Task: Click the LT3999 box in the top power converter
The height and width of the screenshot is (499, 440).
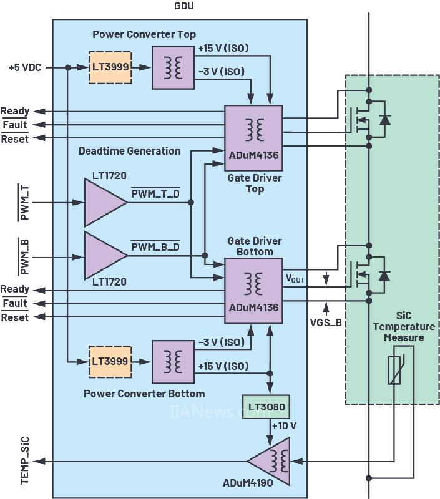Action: click(109, 66)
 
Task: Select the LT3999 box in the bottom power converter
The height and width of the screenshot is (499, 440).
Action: click(109, 361)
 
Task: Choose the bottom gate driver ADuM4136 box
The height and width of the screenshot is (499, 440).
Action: click(254, 291)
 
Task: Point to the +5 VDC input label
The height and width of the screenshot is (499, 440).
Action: click(25, 67)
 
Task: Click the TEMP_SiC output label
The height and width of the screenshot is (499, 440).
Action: click(25, 461)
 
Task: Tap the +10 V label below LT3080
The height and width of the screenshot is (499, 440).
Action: click(283, 426)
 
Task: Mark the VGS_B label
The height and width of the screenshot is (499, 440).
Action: click(325, 322)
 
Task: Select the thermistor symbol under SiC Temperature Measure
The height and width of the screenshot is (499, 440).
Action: click(394, 369)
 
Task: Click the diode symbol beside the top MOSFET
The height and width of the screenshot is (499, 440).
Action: click(384, 119)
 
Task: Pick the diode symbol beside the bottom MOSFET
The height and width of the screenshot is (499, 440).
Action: click(384, 275)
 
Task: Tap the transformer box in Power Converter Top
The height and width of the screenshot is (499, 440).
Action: click(173, 66)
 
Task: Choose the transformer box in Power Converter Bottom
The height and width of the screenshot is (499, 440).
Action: click(173, 361)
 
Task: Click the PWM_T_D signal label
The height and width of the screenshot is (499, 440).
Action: click(155, 194)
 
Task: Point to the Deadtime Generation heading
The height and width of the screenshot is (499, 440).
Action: click(130, 151)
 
